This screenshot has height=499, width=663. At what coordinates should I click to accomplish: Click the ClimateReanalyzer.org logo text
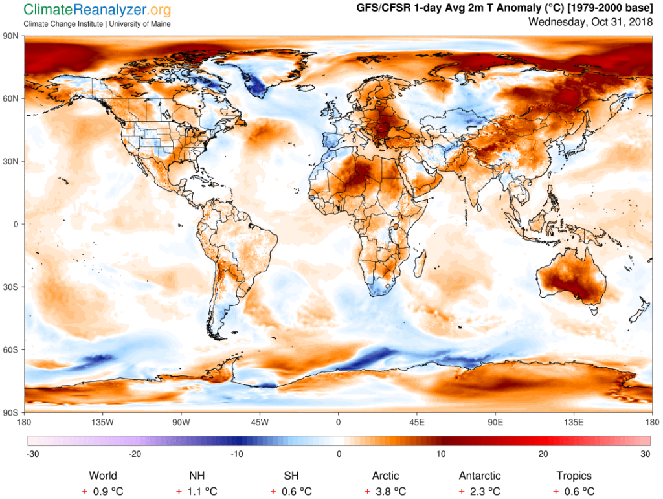pyautogui.click(x=97, y=10)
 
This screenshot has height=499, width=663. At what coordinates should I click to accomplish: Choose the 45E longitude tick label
pyautogui.click(x=416, y=423)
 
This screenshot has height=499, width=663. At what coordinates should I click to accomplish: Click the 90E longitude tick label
pyautogui.click(x=495, y=423)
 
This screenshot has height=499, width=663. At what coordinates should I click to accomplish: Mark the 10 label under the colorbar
pyautogui.click(x=441, y=454)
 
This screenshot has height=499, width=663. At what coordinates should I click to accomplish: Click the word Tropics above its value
pyautogui.click(x=573, y=476)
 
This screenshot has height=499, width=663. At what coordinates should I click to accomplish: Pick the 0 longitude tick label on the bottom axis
pyautogui.click(x=338, y=423)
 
